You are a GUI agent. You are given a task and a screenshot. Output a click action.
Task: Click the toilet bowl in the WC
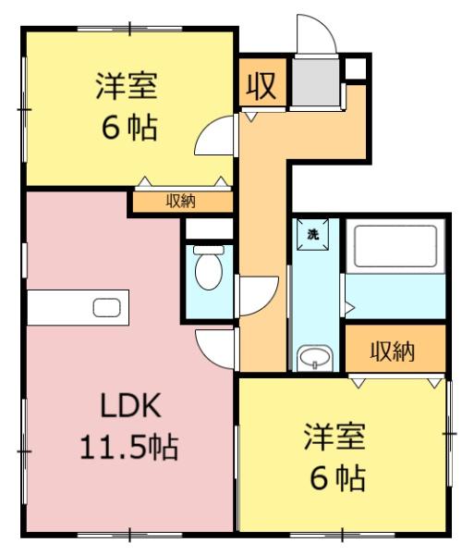209,271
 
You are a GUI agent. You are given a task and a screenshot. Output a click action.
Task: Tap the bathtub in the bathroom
395,246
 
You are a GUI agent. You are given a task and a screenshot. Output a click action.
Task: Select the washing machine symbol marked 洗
313,235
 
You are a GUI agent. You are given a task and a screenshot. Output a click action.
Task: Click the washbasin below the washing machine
314,358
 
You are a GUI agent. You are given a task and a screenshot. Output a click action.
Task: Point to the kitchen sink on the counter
107,308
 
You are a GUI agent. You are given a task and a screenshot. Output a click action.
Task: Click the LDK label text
131,406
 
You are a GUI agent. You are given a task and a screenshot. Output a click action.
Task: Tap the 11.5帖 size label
129,447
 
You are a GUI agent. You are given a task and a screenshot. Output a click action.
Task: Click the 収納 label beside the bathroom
393,351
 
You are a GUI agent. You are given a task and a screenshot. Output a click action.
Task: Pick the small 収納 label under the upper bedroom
181,202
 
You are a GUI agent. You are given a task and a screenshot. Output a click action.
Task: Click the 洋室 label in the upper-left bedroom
127,85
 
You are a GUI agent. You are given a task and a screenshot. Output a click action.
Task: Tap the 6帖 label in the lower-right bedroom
337,478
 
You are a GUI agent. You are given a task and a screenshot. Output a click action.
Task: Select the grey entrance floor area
316,81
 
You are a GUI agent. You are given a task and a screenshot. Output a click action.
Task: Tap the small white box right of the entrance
356,68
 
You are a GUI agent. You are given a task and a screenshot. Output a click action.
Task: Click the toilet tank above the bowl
209,250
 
